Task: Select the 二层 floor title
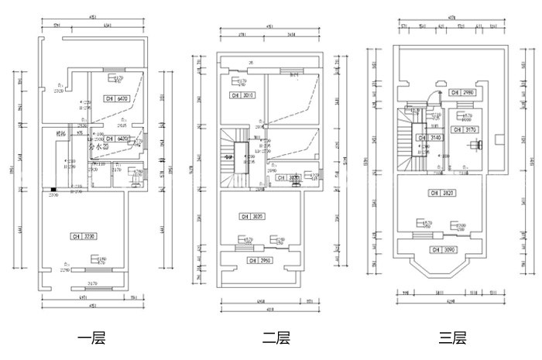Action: (x=276, y=338)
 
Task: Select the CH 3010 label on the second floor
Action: (x=242, y=95)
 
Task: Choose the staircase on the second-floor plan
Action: (x=232, y=159)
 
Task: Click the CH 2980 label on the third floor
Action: (x=463, y=92)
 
